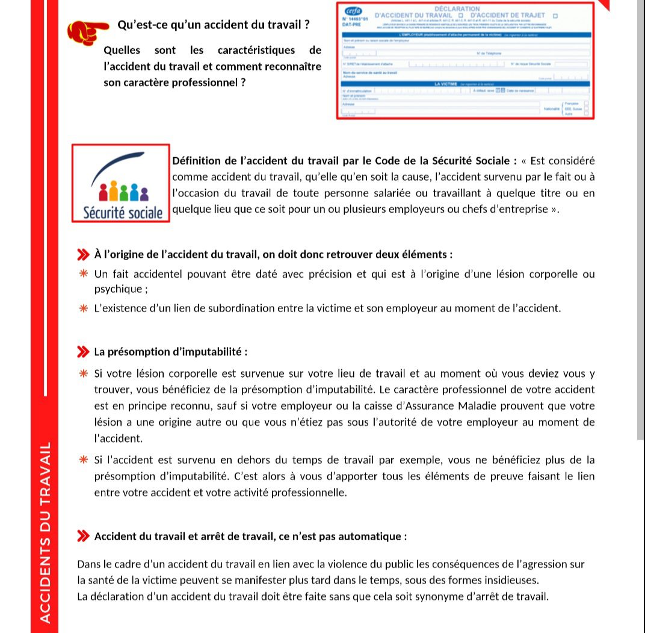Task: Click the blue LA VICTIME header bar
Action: (446, 84)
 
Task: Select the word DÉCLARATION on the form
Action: (457, 8)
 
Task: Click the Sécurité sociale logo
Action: (120, 183)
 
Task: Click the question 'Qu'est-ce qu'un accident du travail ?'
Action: (214, 25)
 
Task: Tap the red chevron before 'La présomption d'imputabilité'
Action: (83, 352)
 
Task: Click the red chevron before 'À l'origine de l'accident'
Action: (83, 255)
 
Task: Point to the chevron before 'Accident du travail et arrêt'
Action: (83, 536)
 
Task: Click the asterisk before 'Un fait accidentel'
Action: (84, 274)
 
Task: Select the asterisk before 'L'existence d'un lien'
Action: (84, 308)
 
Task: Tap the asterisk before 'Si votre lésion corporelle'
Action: (84, 373)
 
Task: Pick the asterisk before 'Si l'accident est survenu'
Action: (84, 460)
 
